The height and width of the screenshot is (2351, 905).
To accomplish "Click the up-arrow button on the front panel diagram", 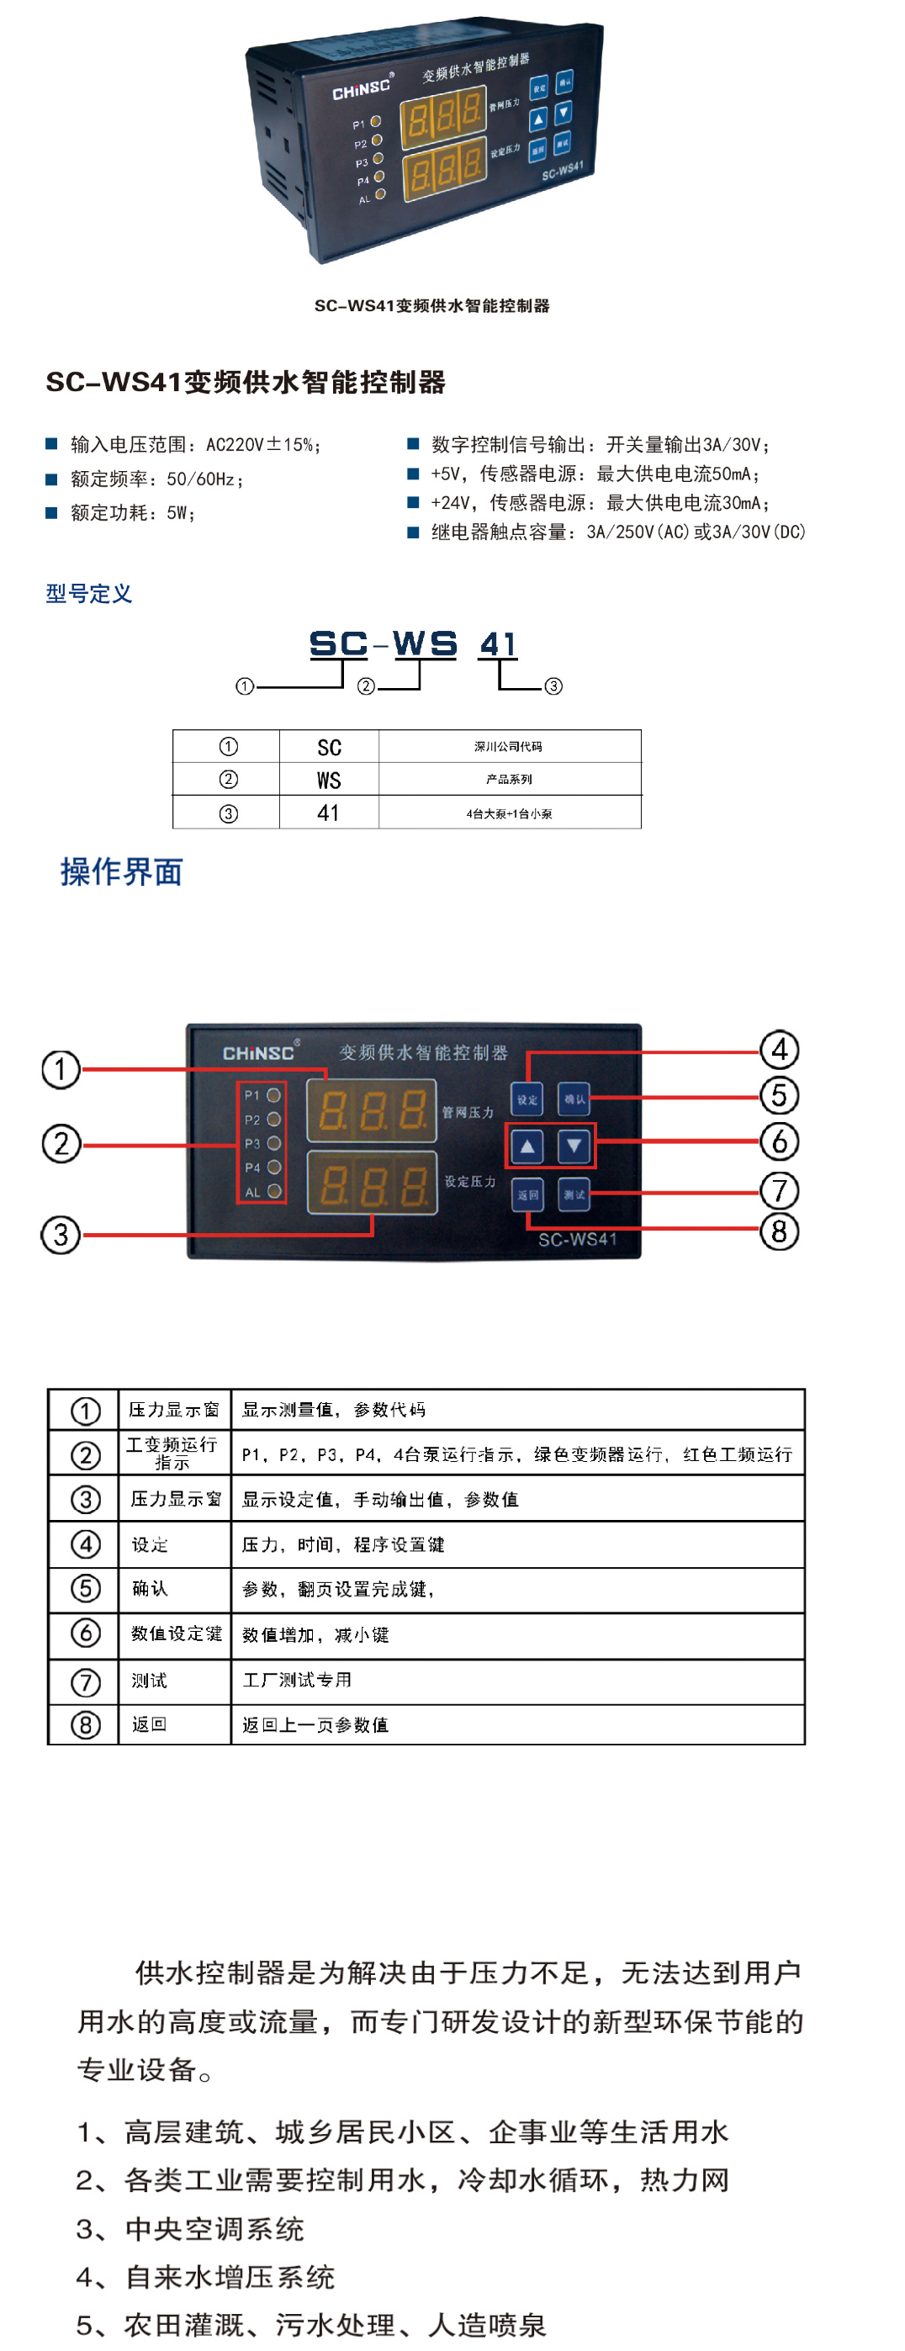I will [x=527, y=1146].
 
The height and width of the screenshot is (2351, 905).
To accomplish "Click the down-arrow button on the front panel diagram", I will [x=574, y=1146].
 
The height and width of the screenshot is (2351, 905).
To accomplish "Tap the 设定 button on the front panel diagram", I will [x=527, y=1099].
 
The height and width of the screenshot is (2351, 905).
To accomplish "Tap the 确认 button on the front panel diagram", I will [x=574, y=1099].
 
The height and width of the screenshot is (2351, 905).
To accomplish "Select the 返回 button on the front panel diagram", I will [x=527, y=1194].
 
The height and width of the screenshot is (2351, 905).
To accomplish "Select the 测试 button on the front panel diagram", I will [x=574, y=1194].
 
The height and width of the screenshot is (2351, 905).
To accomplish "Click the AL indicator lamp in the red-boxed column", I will [x=273, y=1191].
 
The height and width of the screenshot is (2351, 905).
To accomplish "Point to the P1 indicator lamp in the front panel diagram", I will [x=273, y=1094].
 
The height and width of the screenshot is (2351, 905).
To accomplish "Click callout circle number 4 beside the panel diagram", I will [x=779, y=1050].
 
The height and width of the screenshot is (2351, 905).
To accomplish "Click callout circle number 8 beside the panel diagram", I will [x=779, y=1231].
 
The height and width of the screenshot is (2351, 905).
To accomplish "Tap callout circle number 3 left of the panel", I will [x=61, y=1235].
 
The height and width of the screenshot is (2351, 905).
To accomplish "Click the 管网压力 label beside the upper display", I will [x=468, y=1112].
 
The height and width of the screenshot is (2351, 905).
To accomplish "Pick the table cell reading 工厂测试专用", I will [x=298, y=1679].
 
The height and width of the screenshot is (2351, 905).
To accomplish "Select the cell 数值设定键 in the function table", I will [x=175, y=1634].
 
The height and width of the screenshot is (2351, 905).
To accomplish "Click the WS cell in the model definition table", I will [x=328, y=780].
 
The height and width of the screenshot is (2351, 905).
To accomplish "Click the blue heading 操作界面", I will [x=121, y=871].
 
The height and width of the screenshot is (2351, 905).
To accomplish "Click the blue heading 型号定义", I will [x=88, y=593].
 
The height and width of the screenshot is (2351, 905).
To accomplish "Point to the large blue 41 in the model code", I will [x=498, y=644].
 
